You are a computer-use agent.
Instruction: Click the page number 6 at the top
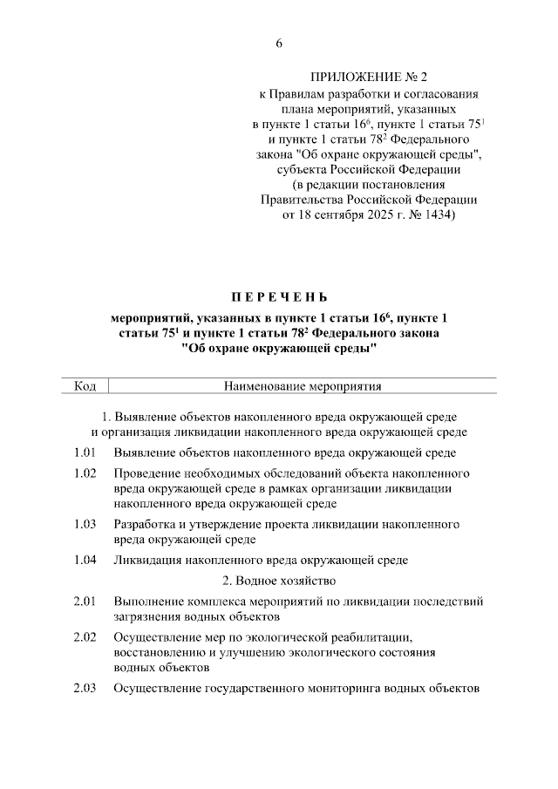click(279, 43)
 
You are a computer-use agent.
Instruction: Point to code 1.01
click(85, 452)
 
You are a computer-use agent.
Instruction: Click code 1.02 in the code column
click(85, 473)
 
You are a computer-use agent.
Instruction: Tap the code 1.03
click(85, 524)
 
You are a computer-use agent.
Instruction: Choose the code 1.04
click(85, 560)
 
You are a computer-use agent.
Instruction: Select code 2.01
click(85, 602)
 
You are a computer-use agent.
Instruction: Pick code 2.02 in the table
click(85, 637)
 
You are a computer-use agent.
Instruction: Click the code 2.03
click(85, 688)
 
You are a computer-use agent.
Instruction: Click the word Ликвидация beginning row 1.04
click(147, 560)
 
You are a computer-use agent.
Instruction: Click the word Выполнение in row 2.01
click(149, 602)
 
